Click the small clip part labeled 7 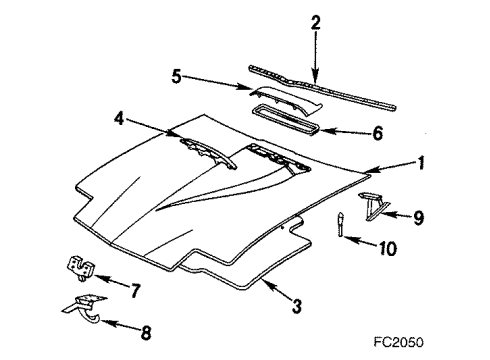coord(79,265)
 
